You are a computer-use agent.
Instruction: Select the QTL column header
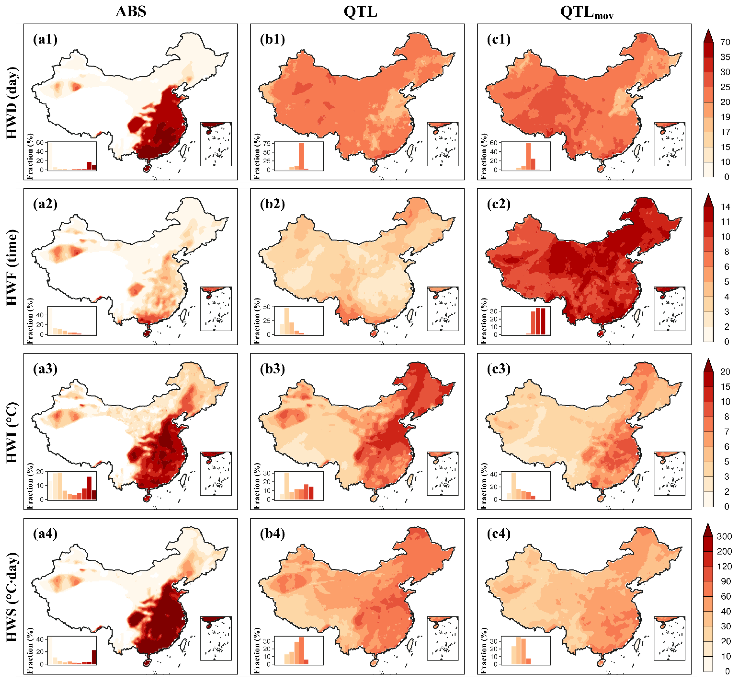pyautogui.click(x=360, y=11)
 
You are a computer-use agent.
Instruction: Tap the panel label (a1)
pyautogui.click(x=45, y=39)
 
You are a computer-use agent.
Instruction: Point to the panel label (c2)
pyautogui.click(x=499, y=204)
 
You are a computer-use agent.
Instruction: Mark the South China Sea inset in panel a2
pyautogui.click(x=216, y=309)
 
